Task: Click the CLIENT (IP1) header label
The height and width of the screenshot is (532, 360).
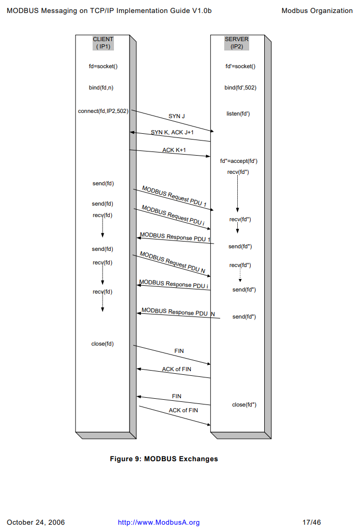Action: [x=103, y=43]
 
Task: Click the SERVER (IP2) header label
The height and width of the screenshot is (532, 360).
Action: [x=237, y=43]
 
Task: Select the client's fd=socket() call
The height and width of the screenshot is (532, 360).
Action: [x=103, y=66]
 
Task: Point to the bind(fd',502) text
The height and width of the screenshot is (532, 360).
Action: [x=240, y=88]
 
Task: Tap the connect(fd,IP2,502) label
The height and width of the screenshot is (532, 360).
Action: [x=103, y=111]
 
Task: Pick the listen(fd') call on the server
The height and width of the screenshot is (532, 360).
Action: [x=238, y=113]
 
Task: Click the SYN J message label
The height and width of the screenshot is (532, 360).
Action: [x=176, y=116]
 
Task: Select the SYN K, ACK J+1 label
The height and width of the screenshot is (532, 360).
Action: [x=172, y=133]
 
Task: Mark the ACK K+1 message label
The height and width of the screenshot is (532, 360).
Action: [x=174, y=150]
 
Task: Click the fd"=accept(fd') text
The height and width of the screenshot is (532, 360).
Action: [x=239, y=161]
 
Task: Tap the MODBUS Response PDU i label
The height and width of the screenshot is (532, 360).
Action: [x=174, y=285]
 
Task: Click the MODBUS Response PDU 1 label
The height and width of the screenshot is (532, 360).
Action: [x=175, y=237]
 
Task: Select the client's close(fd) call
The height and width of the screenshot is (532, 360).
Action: [x=102, y=344]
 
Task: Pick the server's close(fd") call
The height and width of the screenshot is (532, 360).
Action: [x=244, y=404]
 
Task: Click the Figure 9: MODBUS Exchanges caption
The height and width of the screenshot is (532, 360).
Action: [x=164, y=459]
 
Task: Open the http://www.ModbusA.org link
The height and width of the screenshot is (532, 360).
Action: [x=159, y=522]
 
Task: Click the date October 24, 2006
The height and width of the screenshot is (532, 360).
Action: [x=36, y=522]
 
